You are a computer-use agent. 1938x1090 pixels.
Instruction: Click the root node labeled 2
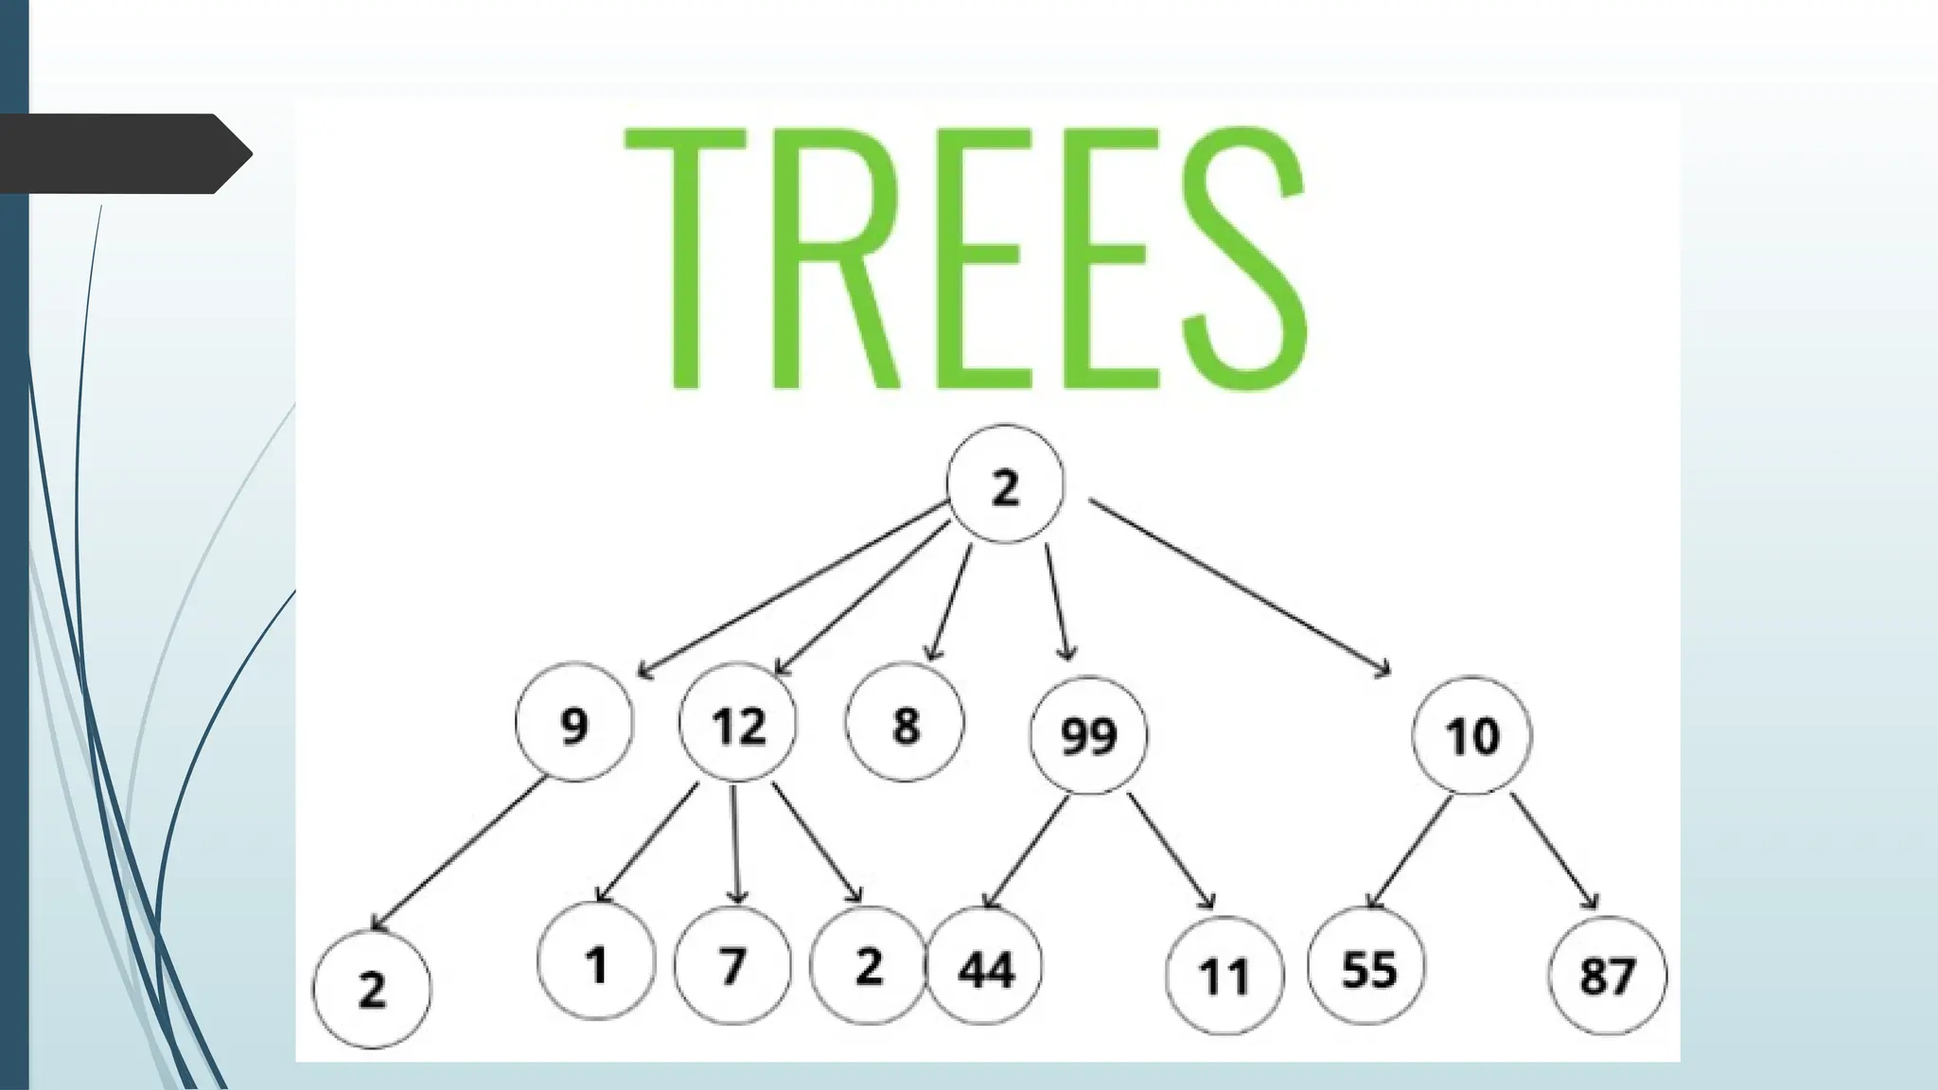1005,484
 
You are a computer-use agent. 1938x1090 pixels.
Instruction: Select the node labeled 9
573,724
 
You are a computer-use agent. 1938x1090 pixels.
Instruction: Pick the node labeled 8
905,724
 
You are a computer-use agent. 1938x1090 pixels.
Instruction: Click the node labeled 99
1088,734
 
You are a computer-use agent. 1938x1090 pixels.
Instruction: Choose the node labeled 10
1471,734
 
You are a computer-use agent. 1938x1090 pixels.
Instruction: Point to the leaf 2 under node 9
371,989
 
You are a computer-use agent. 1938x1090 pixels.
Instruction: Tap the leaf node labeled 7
732,966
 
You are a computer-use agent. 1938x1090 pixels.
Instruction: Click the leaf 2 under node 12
868,966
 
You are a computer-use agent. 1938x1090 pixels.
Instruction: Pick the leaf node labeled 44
984,968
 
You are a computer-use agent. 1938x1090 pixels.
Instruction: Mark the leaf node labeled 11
1224,975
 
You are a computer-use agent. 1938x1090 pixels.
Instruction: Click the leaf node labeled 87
1607,975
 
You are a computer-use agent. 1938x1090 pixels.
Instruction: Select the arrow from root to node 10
1240,587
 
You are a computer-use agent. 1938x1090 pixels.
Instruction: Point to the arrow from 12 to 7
735,842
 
